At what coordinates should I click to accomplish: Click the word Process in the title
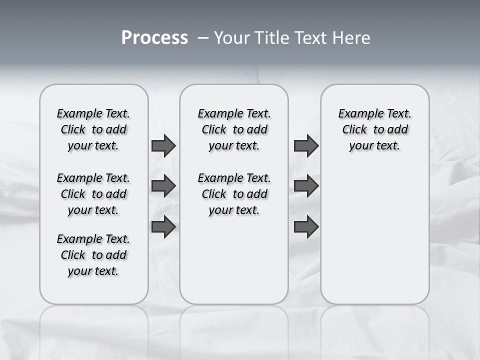click(154, 38)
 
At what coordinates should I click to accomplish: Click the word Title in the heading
click(269, 38)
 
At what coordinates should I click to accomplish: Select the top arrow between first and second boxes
click(163, 146)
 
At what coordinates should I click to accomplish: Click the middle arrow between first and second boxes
click(163, 186)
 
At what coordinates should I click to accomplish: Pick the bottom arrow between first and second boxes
click(163, 226)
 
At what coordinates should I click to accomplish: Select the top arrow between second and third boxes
click(306, 146)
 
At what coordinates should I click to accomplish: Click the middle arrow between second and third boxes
click(306, 186)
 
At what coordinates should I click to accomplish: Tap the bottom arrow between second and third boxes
click(306, 226)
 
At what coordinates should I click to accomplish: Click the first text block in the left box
click(93, 129)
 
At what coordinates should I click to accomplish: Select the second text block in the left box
click(93, 194)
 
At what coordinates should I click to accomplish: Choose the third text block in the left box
click(93, 255)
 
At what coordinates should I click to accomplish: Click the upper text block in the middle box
click(234, 129)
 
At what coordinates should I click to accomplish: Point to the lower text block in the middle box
click(234, 194)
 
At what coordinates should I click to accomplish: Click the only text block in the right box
click(374, 129)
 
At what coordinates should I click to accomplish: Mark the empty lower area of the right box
click(374, 235)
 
